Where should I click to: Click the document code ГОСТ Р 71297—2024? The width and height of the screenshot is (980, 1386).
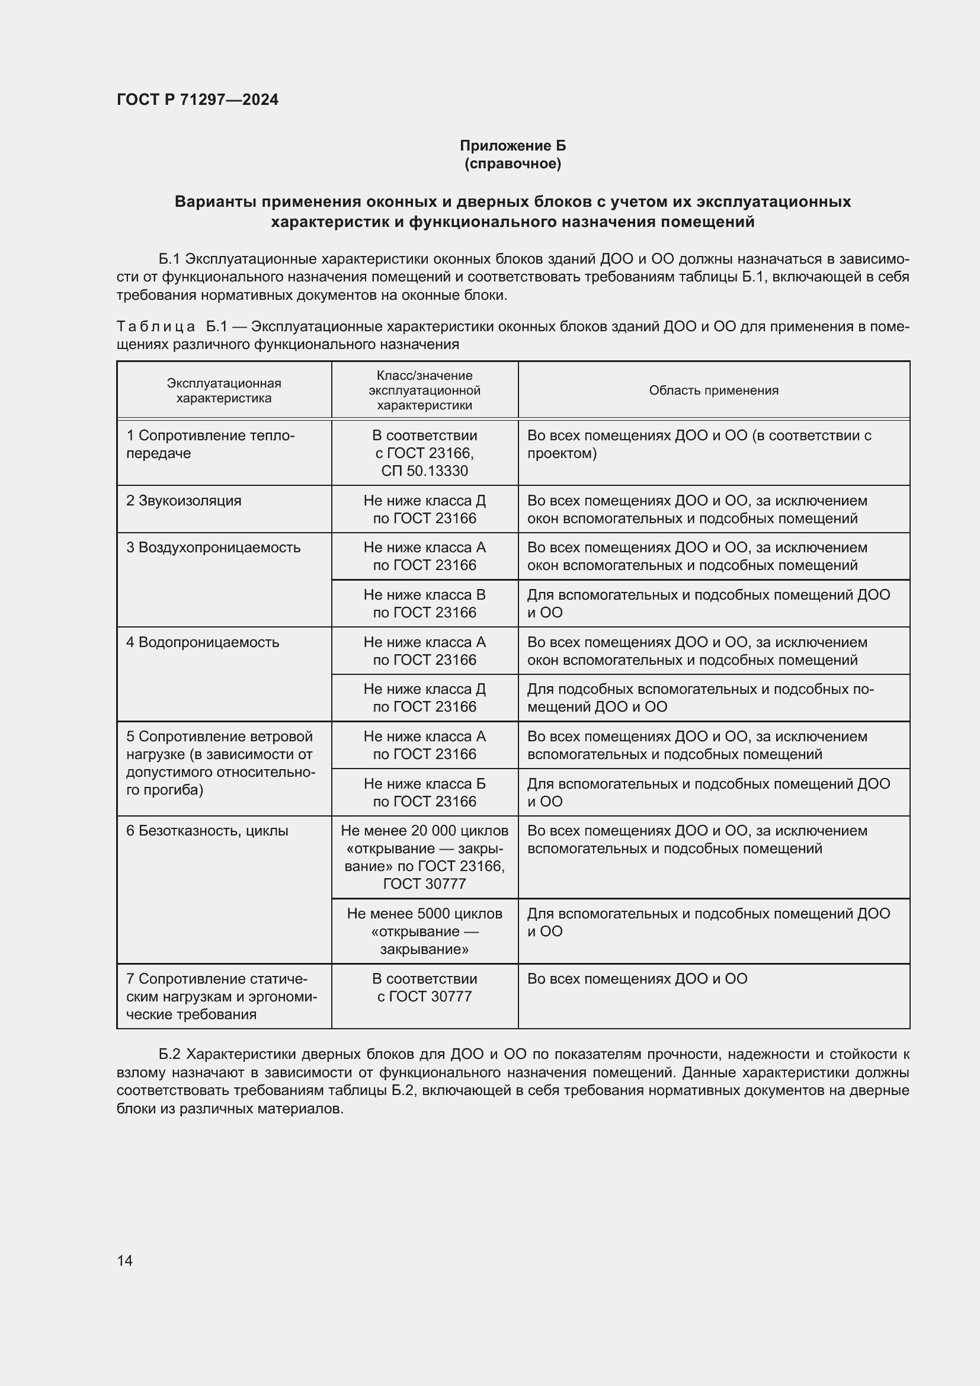(x=197, y=100)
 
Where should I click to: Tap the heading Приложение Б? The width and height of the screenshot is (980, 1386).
(x=513, y=146)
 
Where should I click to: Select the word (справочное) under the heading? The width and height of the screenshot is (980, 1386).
(x=513, y=164)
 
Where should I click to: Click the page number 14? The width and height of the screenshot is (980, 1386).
(x=125, y=1260)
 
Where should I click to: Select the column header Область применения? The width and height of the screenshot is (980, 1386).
(x=713, y=390)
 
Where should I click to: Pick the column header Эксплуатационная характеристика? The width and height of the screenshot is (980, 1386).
(x=224, y=390)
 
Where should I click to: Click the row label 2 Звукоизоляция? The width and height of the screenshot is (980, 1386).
(x=184, y=501)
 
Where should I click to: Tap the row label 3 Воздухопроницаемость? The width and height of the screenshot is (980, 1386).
(x=213, y=548)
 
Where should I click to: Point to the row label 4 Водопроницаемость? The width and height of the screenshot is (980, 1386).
(x=203, y=642)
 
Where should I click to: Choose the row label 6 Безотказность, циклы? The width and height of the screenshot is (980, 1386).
(x=207, y=831)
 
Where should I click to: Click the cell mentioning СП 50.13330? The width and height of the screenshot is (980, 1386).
(x=424, y=471)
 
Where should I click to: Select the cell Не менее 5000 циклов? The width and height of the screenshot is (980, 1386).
(x=424, y=931)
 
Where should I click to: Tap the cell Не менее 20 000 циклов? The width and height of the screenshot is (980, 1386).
(x=424, y=857)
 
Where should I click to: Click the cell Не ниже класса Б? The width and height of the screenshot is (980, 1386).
(x=424, y=792)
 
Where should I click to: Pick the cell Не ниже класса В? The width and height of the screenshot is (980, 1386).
(x=424, y=603)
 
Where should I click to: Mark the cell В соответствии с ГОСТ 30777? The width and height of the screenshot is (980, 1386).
(x=424, y=987)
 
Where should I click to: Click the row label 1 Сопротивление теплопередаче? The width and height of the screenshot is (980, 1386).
(x=210, y=444)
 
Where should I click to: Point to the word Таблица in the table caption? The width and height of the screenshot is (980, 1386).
(x=156, y=327)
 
